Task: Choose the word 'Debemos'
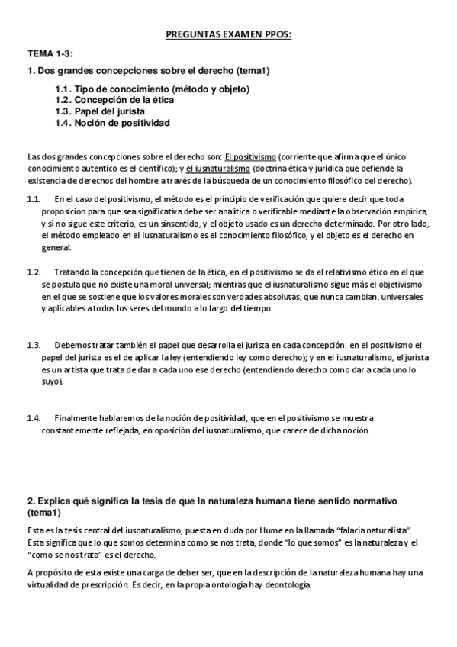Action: [x=73, y=345]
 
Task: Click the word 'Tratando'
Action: [x=75, y=272]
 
